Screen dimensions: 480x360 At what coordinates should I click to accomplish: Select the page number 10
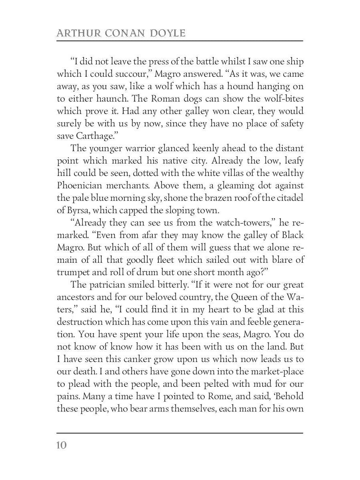tap(62, 445)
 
